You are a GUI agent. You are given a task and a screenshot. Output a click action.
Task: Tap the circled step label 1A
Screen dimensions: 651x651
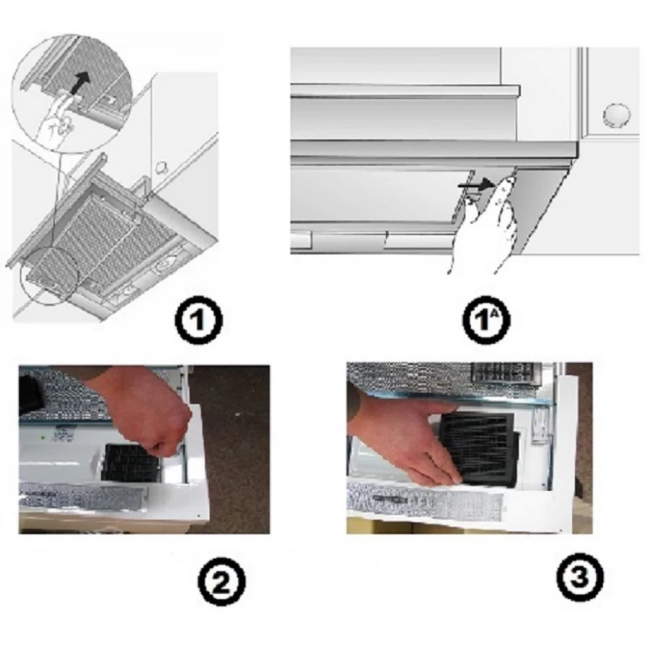coord(486,320)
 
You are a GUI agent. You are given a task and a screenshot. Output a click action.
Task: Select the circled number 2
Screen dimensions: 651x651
coord(221,581)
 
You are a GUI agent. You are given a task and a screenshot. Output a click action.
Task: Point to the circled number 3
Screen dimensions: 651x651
coord(579,576)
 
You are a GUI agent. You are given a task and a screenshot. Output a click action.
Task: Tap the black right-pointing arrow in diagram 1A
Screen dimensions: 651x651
coord(476,186)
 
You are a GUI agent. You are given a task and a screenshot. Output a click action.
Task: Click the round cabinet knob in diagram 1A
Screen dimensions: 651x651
coord(616,115)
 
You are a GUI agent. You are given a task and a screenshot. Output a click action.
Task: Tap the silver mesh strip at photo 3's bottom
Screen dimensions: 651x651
coord(426,500)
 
